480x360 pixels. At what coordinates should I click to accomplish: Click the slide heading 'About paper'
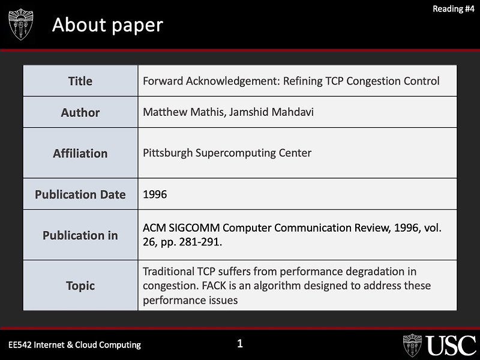pyautogui.click(x=107, y=25)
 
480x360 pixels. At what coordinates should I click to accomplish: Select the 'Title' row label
pyautogui.click(x=80, y=81)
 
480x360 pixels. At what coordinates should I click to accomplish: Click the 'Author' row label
pyautogui.click(x=80, y=112)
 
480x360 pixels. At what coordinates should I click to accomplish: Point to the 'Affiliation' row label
pyautogui.click(x=80, y=153)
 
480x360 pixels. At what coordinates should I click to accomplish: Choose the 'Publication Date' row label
pyautogui.click(x=80, y=194)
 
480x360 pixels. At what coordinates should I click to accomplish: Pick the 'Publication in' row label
pyautogui.click(x=80, y=235)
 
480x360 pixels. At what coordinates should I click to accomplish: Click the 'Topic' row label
pyautogui.click(x=80, y=286)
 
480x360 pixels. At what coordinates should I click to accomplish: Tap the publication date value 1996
pyautogui.click(x=155, y=194)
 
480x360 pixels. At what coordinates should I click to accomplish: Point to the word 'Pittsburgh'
pyautogui.click(x=168, y=153)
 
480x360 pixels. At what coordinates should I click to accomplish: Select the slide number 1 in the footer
pyautogui.click(x=240, y=344)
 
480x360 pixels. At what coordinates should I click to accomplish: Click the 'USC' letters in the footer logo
pyautogui.click(x=451, y=346)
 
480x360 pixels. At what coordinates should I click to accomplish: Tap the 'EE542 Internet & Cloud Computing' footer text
pyautogui.click(x=74, y=344)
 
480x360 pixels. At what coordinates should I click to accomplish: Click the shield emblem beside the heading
pyautogui.click(x=21, y=25)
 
